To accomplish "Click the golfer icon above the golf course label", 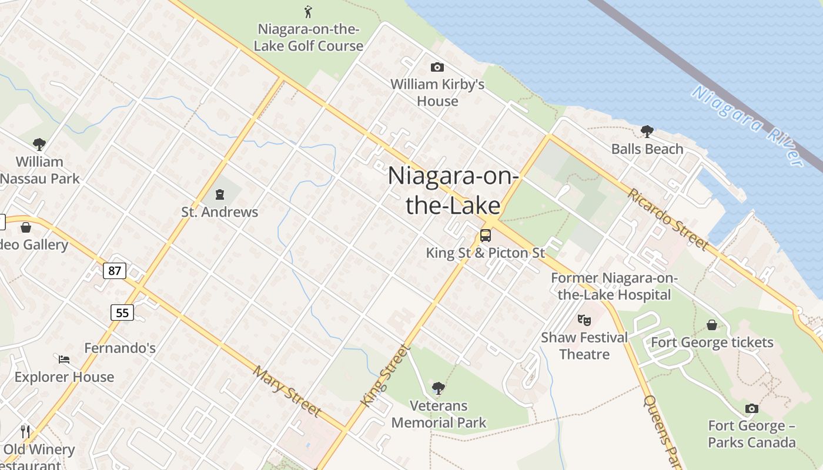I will pyautogui.click(x=308, y=11).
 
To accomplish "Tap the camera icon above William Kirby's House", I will pyautogui.click(x=437, y=67).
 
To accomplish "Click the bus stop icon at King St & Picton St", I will pyautogui.click(x=485, y=236).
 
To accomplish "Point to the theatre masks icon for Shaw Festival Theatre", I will pyautogui.click(x=584, y=320).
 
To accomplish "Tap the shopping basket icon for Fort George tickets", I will pyautogui.click(x=712, y=325).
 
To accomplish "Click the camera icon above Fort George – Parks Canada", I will pyautogui.click(x=751, y=408).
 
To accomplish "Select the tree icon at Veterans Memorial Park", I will pyautogui.click(x=438, y=388).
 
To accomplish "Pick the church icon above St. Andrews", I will pyautogui.click(x=220, y=194).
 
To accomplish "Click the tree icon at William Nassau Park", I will pyautogui.click(x=39, y=144).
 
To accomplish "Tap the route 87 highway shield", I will pyautogui.click(x=114, y=270).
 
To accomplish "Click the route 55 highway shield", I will pyautogui.click(x=122, y=313).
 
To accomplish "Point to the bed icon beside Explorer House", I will pyautogui.click(x=64, y=359).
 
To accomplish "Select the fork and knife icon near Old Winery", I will pyautogui.click(x=25, y=432).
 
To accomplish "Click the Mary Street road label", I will pyautogui.click(x=287, y=391).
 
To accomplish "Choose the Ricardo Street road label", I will pyautogui.click(x=668, y=219).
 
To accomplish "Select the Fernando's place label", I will pyautogui.click(x=120, y=348).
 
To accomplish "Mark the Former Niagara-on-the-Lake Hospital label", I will pyautogui.click(x=614, y=286).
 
